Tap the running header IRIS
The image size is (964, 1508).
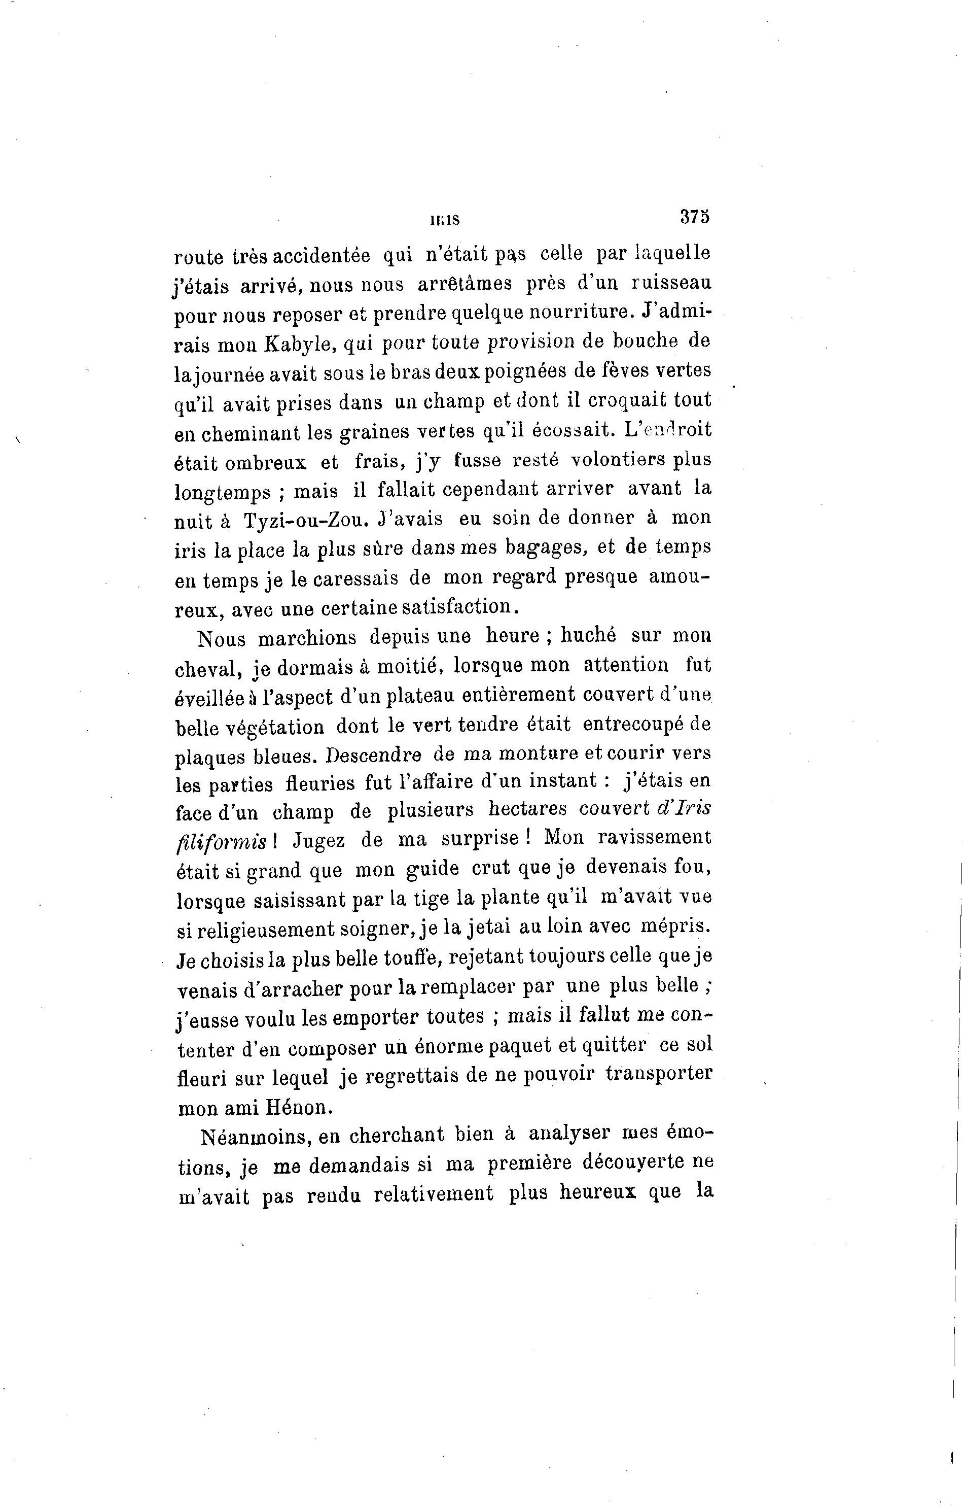(445, 220)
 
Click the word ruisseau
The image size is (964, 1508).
(671, 284)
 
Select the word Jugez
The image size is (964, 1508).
(318, 840)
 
